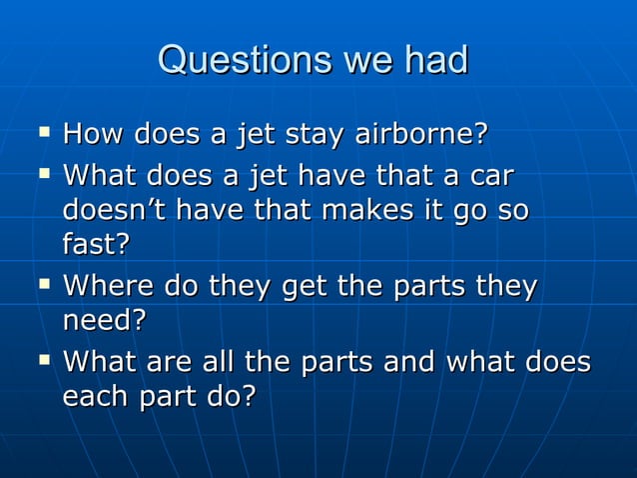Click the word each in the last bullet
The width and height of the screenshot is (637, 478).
pyautogui.click(x=96, y=396)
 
